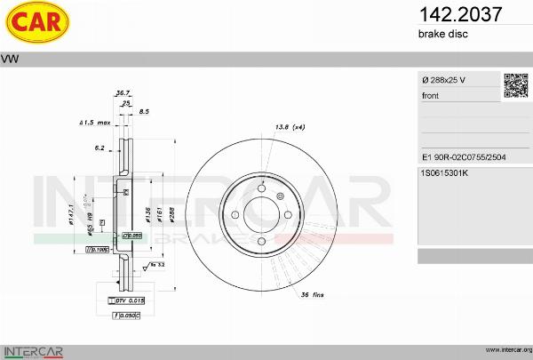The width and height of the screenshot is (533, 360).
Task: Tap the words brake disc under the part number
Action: tap(442, 34)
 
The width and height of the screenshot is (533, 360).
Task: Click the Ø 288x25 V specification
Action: tap(444, 81)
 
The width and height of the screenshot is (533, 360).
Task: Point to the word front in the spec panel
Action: tap(431, 95)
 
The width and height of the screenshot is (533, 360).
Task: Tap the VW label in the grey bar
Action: tap(12, 59)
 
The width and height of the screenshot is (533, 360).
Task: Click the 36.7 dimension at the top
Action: tap(123, 92)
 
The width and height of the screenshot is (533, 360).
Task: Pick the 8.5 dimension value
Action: tap(145, 111)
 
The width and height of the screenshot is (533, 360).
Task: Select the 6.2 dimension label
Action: tap(99, 148)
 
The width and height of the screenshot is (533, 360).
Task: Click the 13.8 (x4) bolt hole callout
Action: tap(290, 128)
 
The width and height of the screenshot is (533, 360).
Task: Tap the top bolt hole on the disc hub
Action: tap(261, 187)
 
